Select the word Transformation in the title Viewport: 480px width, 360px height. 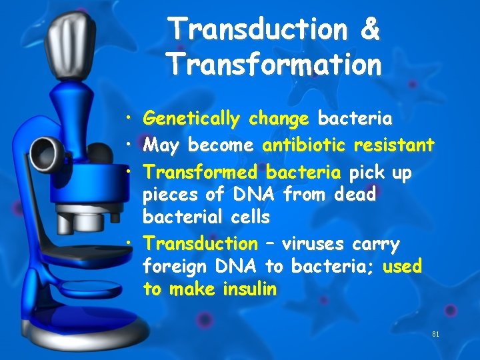274,64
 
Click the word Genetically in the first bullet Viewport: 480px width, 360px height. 191,119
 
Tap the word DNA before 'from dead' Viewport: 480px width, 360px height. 256,195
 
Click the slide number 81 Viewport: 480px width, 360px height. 436,334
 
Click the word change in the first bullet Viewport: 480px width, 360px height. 279,119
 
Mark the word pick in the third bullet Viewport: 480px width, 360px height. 367,173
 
